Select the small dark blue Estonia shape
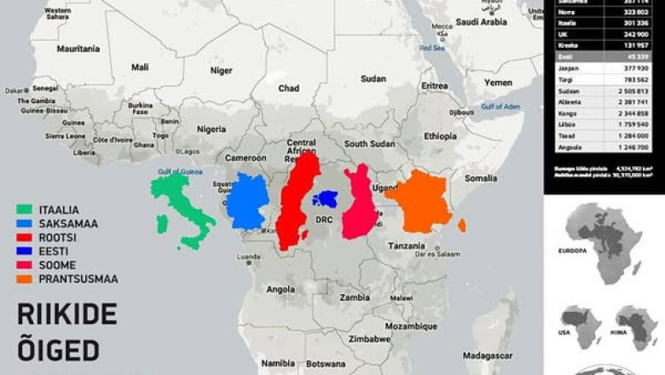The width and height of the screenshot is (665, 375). pyautogui.click(x=324, y=199)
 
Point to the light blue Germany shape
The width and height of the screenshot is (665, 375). pyautogui.click(x=247, y=200)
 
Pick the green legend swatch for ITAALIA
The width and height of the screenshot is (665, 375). pyautogui.click(x=24, y=210)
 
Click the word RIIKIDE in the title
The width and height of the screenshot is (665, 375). pyautogui.click(x=66, y=314)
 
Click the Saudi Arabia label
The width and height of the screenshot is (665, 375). pyautogui.click(x=482, y=23)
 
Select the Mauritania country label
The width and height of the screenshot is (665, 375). pyautogui.click(x=78, y=49)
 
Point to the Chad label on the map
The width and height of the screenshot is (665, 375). pyautogui.click(x=288, y=88)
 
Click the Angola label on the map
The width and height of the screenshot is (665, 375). pyautogui.click(x=280, y=289)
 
